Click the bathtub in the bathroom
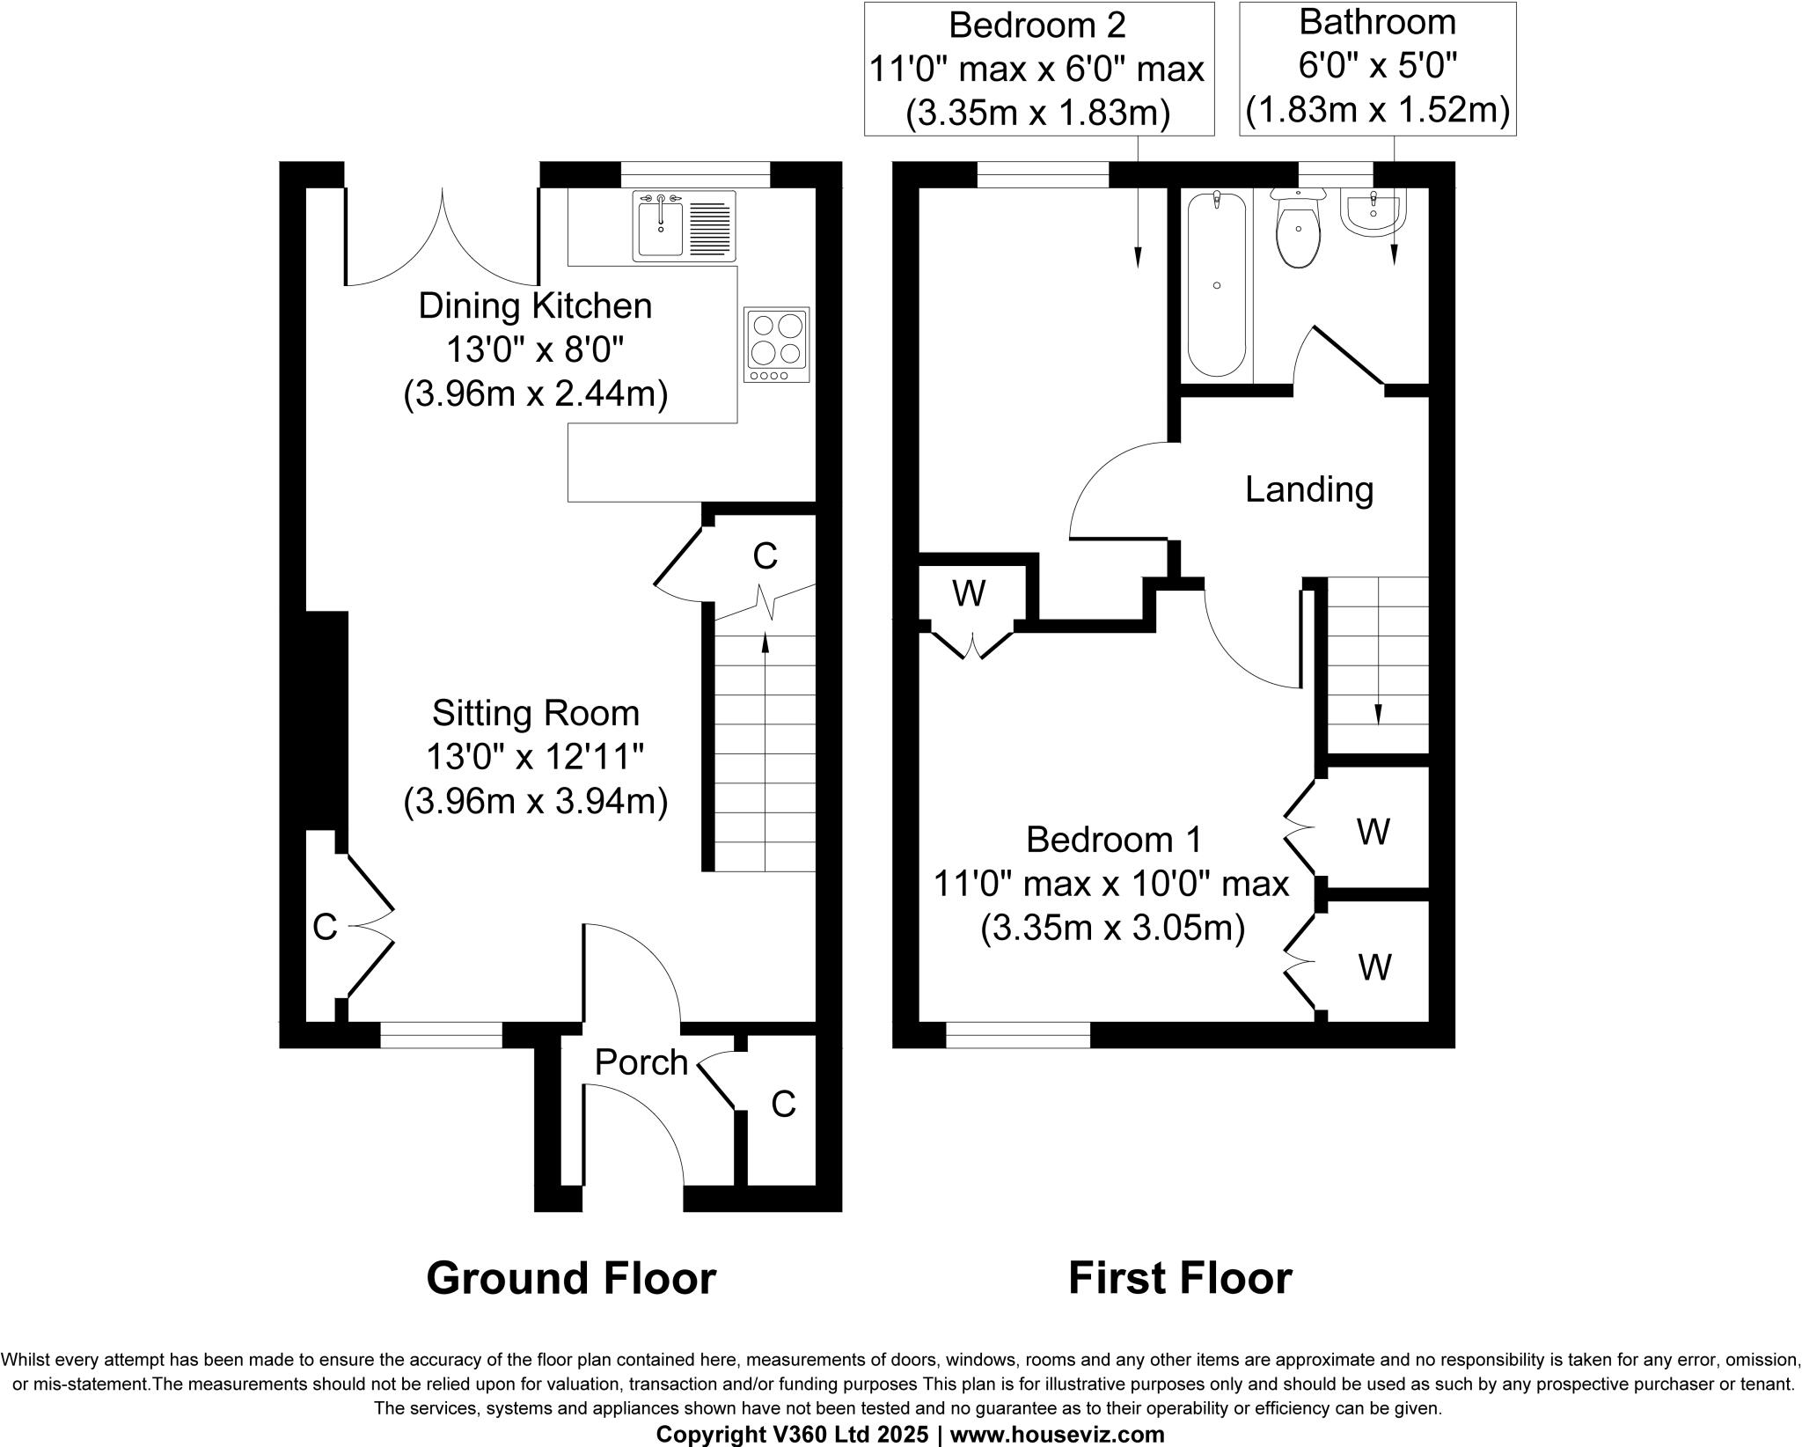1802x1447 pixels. coord(1217,283)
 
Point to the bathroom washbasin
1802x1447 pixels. coord(1373,216)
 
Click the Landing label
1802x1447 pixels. coord(1308,489)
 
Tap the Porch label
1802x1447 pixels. coord(641,1063)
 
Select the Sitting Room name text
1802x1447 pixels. coord(535,713)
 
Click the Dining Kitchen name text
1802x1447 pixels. coord(535,306)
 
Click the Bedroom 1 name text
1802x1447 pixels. coord(1113,840)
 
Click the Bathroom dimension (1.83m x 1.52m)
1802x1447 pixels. coord(1377,111)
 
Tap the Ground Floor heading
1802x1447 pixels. coord(571,1278)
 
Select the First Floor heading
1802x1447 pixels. coord(1179,1278)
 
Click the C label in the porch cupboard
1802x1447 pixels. coord(783,1104)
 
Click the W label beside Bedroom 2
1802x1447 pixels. coord(969,595)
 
